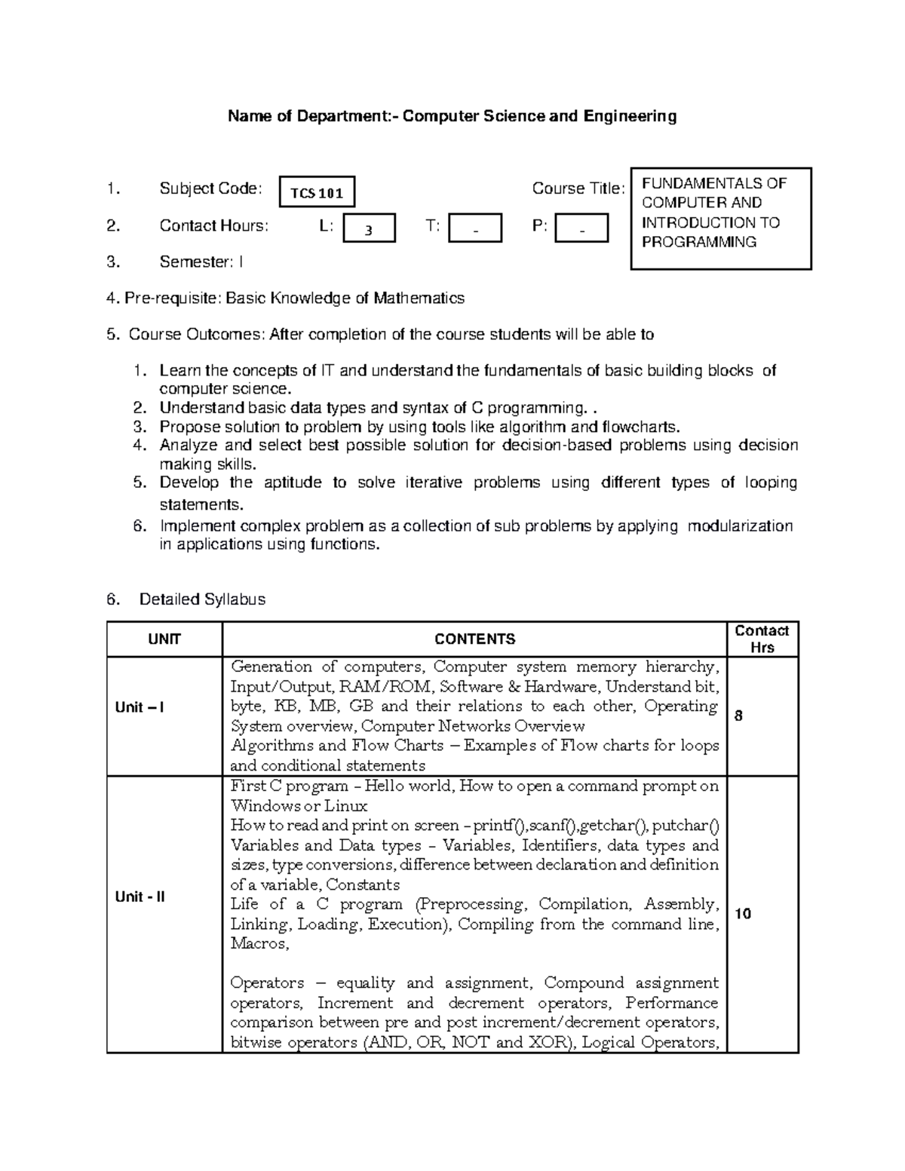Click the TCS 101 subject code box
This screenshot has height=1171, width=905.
pos(317,192)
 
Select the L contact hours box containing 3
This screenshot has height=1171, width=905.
pos(369,228)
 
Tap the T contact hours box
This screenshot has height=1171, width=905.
pos(475,228)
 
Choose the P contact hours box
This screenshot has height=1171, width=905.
pos(581,228)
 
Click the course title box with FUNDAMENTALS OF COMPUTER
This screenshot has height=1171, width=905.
pos(720,218)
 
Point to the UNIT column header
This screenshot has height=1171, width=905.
pos(164,639)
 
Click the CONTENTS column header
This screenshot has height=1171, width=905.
pos(475,639)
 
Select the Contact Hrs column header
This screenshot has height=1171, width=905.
pos(762,639)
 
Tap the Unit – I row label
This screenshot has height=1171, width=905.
pos(140,707)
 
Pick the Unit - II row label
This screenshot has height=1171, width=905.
pos(140,897)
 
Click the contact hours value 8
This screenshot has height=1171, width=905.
pos(738,716)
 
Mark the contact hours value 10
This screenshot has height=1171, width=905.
pos(743,914)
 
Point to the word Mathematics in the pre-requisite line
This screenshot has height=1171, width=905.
pos(419,298)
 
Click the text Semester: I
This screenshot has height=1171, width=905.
pos(201,262)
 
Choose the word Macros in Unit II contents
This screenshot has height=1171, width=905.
pos(258,943)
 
